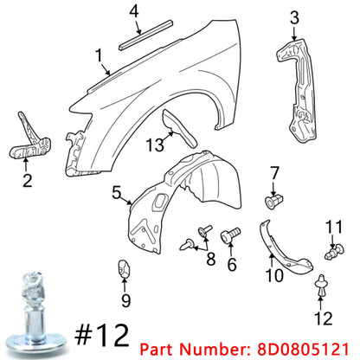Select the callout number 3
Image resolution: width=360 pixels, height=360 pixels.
coord(294,16)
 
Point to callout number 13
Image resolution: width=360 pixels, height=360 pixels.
coord(154,144)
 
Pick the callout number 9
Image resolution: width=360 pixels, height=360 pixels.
coord(125,301)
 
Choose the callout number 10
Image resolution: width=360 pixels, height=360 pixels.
coord(273,276)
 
